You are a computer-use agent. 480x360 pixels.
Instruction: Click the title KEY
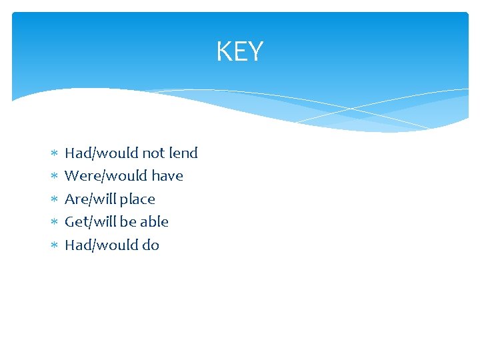pyautogui.click(x=240, y=51)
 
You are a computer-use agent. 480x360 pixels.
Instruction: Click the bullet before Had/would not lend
pyautogui.click(x=53, y=154)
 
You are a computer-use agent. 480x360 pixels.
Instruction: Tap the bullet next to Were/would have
pyautogui.click(x=53, y=177)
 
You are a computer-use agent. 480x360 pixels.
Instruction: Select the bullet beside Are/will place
pyautogui.click(x=53, y=200)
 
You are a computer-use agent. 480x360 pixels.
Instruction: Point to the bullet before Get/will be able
pyautogui.click(x=53, y=223)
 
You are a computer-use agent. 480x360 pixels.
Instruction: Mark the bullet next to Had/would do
pyautogui.click(x=53, y=246)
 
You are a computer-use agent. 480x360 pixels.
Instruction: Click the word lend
pyautogui.click(x=183, y=153)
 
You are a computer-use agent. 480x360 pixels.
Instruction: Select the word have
pyautogui.click(x=167, y=176)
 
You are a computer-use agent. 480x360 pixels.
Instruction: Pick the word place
pyautogui.click(x=137, y=199)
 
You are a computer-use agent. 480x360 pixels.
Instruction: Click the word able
pyautogui.click(x=154, y=222)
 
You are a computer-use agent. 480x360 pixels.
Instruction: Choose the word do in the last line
pyautogui.click(x=151, y=245)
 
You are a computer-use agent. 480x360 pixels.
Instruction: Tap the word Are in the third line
pyautogui.click(x=75, y=199)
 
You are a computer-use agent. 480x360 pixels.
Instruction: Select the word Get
pyautogui.click(x=75, y=222)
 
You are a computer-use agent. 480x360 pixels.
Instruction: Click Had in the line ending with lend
pyautogui.click(x=77, y=153)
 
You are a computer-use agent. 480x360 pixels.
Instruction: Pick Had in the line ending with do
pyautogui.click(x=77, y=245)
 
